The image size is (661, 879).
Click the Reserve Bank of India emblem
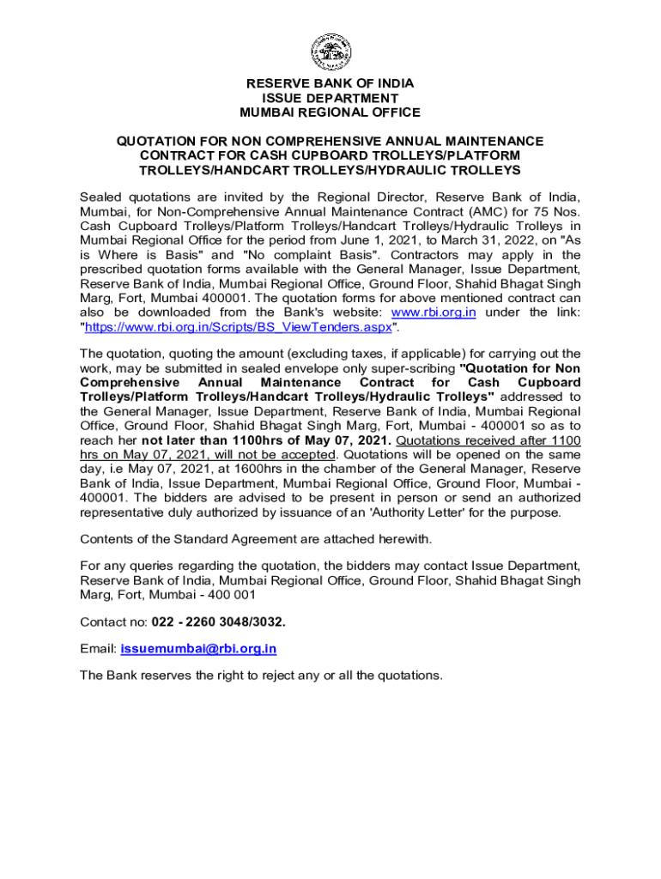point(330,52)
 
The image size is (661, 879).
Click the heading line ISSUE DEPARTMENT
point(330,98)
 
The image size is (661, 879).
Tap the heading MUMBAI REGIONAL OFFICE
point(330,112)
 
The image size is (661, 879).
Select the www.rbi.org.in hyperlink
point(433,312)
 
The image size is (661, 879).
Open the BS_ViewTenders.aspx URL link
point(238,327)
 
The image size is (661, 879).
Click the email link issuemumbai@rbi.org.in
point(198,649)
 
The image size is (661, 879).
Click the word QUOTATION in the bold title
point(158,141)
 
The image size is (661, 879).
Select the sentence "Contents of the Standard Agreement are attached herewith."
point(255,539)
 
